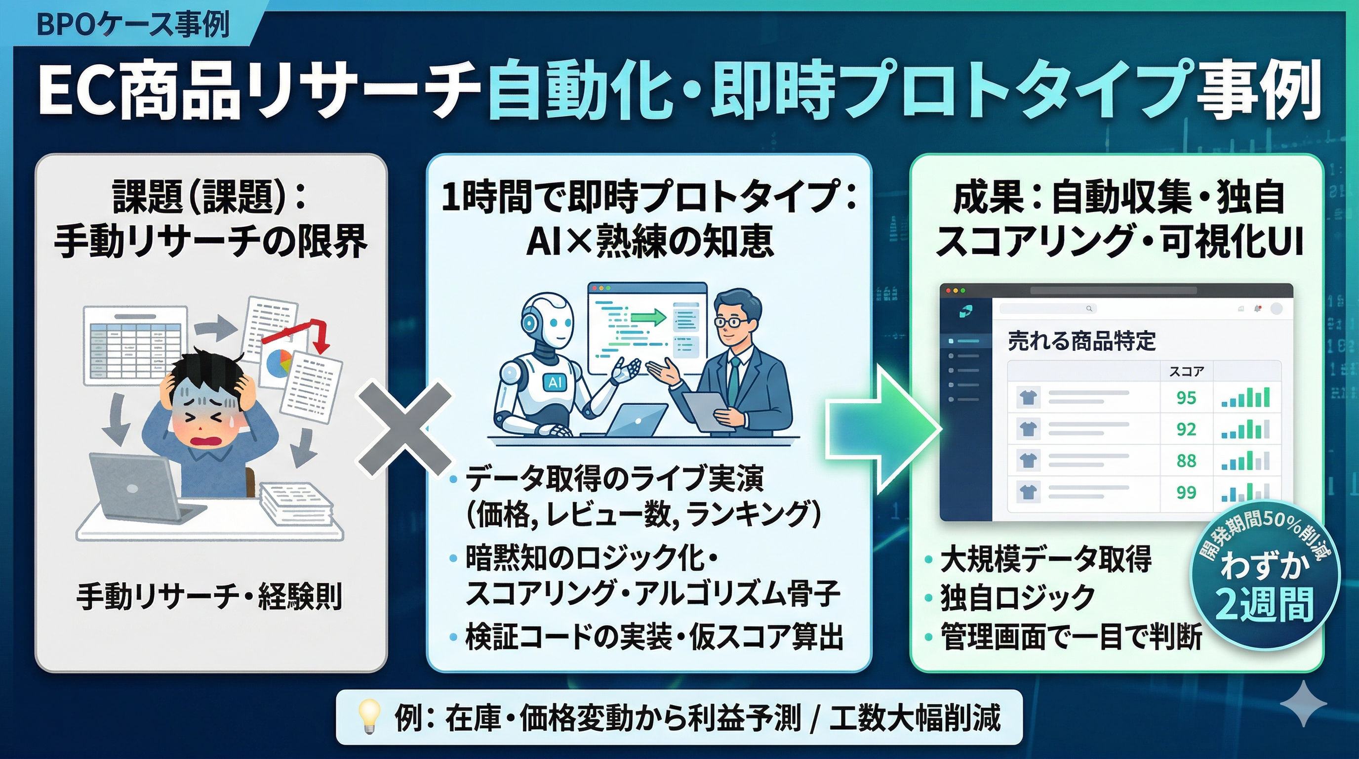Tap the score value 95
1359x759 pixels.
tap(1186, 397)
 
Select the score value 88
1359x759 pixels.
tap(1186, 461)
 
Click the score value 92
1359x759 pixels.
tap(1186, 429)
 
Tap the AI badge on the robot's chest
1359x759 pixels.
tap(555, 381)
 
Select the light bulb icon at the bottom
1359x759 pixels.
tap(369, 718)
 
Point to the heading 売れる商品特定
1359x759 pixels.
tap(1081, 341)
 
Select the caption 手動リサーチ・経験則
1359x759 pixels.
tap(209, 597)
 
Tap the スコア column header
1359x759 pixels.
tap(1186, 372)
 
